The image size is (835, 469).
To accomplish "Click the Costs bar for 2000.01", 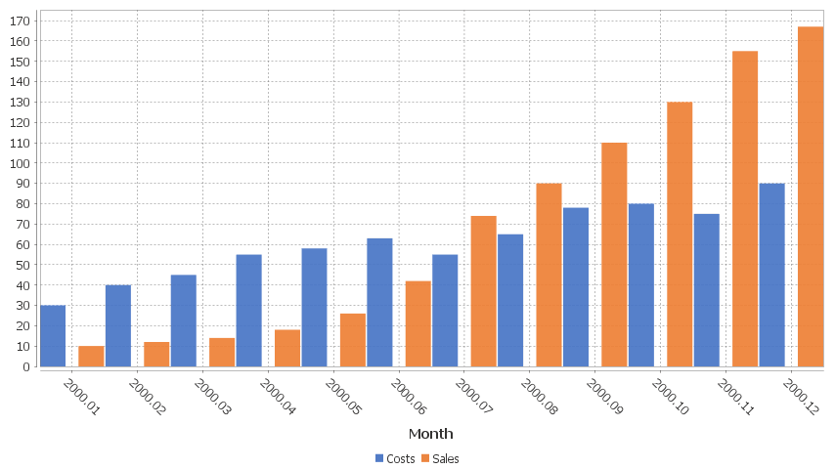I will point(53,336).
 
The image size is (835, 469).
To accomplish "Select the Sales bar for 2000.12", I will point(811,196).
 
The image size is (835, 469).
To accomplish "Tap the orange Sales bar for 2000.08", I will point(549,276).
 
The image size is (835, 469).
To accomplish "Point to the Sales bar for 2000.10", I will point(680,234).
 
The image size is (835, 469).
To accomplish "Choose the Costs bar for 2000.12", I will point(771,276).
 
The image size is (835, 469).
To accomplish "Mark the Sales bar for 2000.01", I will point(91,357).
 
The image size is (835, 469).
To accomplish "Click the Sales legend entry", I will point(440,458).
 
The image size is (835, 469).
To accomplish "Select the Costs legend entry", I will point(395,458).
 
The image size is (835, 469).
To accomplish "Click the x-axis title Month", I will point(430,434).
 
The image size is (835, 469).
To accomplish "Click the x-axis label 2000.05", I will point(341,398).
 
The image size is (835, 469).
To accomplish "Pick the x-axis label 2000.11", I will point(734,398).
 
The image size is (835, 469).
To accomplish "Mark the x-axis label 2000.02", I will point(146,398).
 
